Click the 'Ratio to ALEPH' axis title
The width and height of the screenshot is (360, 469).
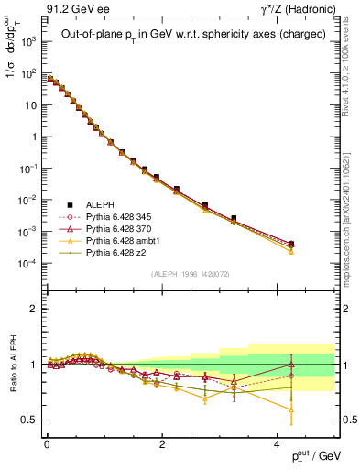(x=12, y=364)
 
